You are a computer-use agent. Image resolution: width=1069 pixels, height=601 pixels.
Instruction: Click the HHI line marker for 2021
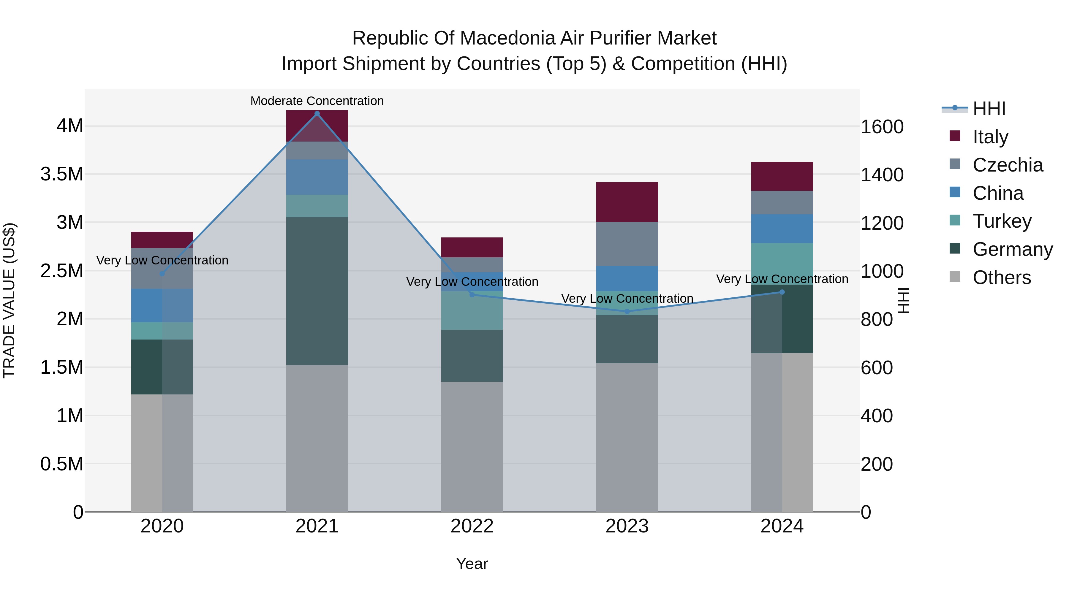click(317, 114)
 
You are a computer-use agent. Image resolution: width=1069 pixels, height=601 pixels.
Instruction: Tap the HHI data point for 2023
click(627, 312)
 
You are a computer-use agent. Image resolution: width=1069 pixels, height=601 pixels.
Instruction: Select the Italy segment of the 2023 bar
click(627, 202)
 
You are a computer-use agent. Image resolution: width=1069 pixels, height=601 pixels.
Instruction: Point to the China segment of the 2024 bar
click(782, 229)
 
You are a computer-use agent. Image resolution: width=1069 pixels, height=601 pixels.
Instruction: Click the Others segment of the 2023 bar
click(627, 437)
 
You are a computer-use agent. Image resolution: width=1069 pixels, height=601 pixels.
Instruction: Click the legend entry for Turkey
click(1002, 221)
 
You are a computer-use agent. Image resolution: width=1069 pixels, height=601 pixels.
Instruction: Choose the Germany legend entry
click(1013, 249)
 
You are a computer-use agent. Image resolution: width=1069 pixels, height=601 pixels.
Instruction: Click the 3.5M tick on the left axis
click(62, 174)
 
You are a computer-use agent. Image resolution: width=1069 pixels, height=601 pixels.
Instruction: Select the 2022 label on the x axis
click(472, 526)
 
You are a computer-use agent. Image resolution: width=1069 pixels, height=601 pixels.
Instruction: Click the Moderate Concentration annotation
click(317, 101)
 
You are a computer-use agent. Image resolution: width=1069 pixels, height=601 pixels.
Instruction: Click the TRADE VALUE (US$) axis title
click(9, 300)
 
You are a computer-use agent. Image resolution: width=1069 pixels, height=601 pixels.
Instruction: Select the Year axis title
click(472, 564)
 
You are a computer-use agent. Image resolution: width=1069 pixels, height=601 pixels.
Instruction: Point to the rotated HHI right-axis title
click(903, 300)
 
